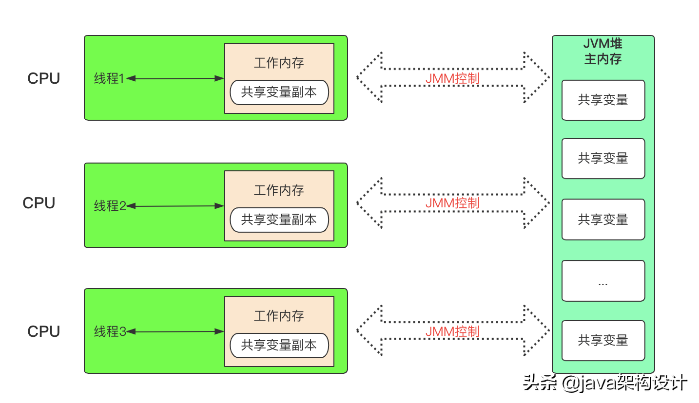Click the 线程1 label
coord(109,78)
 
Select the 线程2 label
coord(110,206)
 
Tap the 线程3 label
coord(110,331)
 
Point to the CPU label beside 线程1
coord(43,79)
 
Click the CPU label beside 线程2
coord(39,203)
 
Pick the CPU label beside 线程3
coord(43,331)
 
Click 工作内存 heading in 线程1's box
coord(279,63)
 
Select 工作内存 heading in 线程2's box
coord(279,190)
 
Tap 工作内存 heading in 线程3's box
coord(279,316)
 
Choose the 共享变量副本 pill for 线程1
coord(279,92)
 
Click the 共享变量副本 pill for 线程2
coord(279,220)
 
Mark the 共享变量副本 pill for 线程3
coord(279,346)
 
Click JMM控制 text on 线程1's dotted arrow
coord(452,78)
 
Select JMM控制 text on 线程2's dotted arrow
coord(452,203)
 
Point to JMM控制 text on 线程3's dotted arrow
coord(452,331)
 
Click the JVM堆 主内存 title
coord(603,51)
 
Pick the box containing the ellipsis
coord(603,281)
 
